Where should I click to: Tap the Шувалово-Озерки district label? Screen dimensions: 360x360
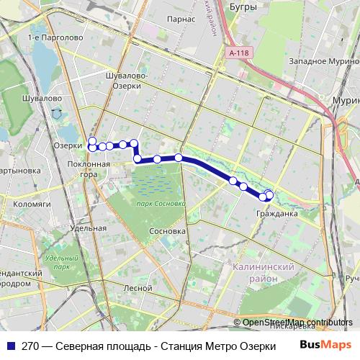[x=126, y=80]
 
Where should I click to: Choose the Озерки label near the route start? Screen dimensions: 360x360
[x=68, y=145]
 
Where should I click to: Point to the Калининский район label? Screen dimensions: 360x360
[x=264, y=271]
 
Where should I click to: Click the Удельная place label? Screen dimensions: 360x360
[x=89, y=228]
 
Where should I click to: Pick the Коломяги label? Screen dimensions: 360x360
[x=30, y=204]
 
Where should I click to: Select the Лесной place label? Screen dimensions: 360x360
[x=138, y=287]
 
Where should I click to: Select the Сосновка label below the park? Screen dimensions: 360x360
[x=167, y=232]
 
